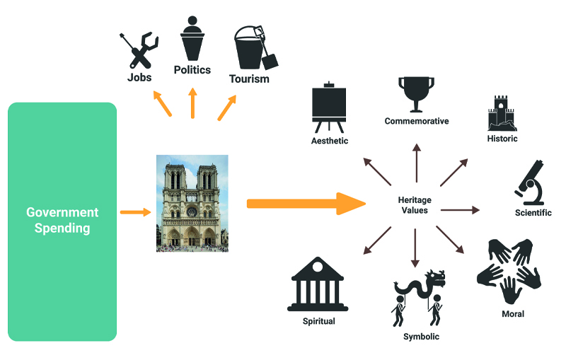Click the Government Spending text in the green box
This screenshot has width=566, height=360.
tap(62, 220)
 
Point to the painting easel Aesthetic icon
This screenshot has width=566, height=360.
tap(330, 108)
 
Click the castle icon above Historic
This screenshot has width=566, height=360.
tap(502, 113)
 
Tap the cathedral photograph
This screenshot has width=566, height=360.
tap(192, 203)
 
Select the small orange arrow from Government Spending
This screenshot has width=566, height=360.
tap(136, 211)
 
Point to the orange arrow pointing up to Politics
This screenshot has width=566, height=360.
tap(192, 103)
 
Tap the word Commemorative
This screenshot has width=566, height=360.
tap(417, 121)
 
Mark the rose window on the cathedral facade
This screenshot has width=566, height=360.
tap(192, 210)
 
